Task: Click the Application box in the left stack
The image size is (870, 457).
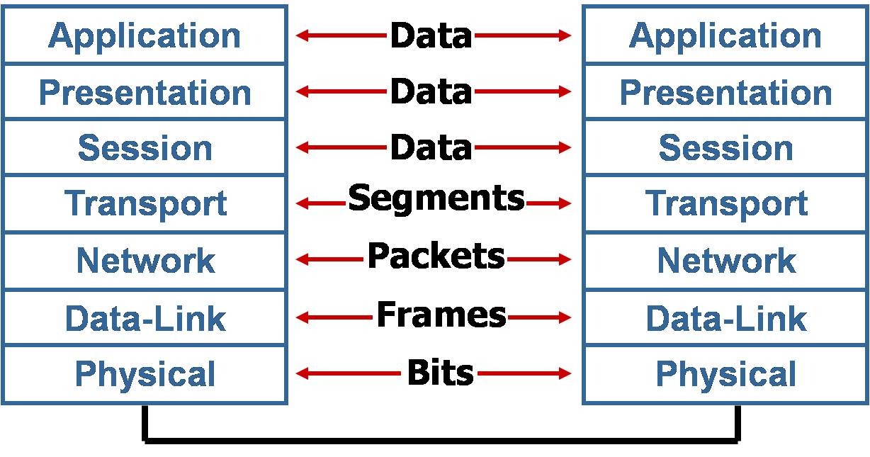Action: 145,35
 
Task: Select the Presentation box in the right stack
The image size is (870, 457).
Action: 725,91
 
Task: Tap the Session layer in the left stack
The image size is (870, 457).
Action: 145,147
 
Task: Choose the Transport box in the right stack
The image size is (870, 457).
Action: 725,203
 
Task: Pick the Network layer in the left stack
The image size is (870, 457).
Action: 145,260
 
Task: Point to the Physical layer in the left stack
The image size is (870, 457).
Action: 145,373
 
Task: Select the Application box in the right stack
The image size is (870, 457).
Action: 725,35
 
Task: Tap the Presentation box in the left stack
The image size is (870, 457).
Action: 145,91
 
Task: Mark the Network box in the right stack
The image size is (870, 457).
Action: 725,260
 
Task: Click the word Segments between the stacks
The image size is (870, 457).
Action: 436,199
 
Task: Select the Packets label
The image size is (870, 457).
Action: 436,256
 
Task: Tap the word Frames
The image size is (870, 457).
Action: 441,314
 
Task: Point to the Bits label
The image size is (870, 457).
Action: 439,372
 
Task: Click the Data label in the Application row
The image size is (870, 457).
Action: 431,35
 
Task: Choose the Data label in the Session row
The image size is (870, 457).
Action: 431,147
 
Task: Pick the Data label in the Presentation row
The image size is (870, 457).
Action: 431,91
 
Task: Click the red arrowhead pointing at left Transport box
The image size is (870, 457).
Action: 301,204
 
